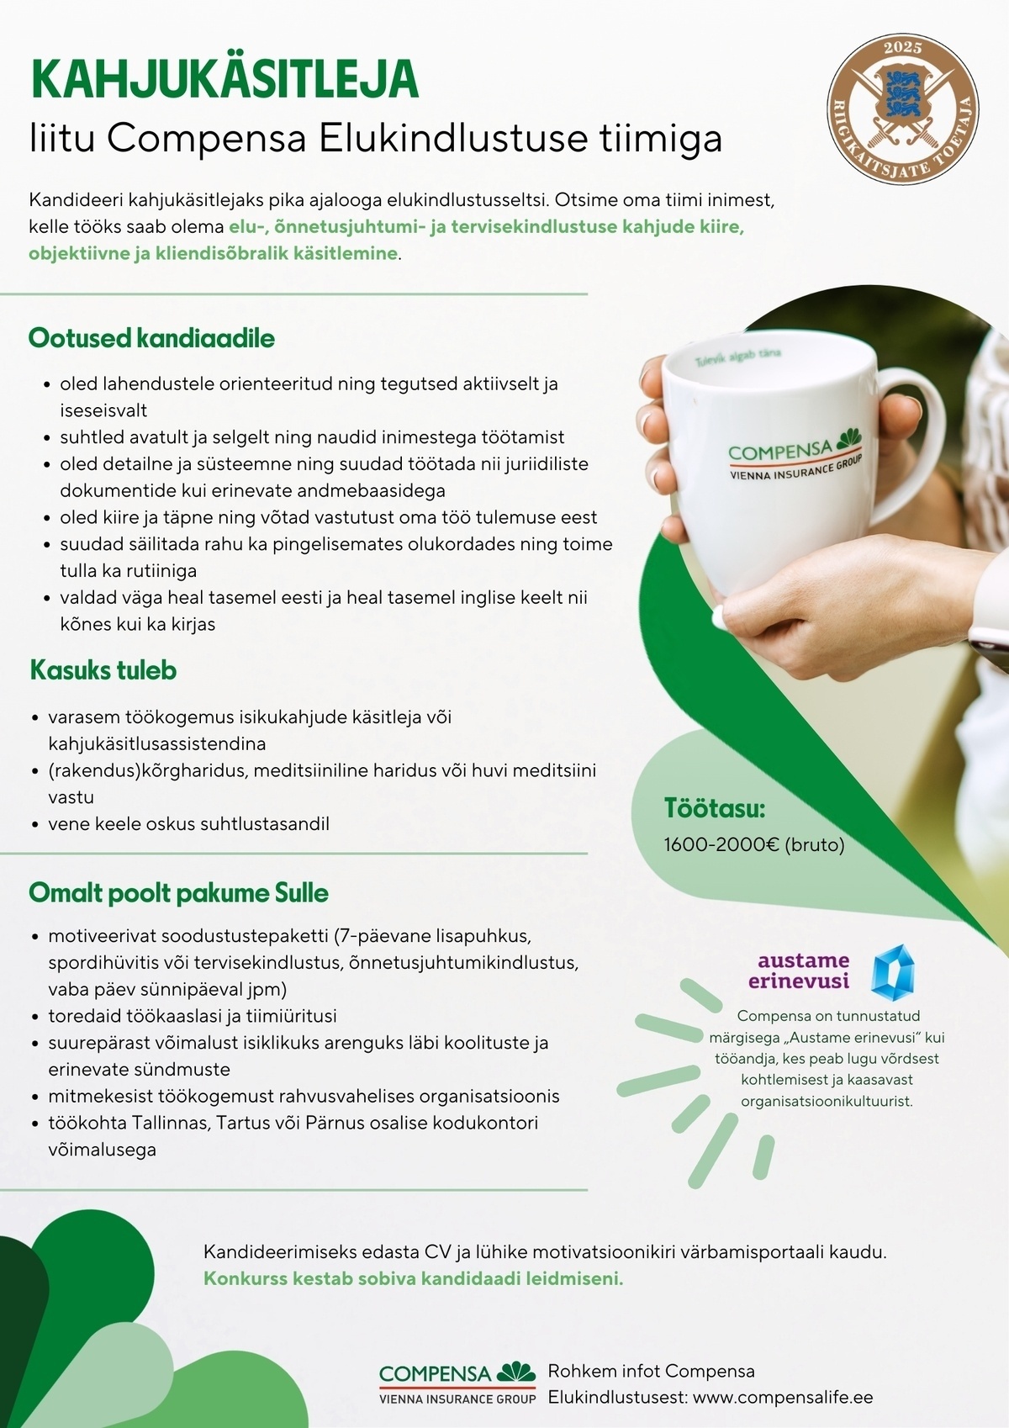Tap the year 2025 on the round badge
click(x=902, y=48)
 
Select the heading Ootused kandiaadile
click(x=151, y=338)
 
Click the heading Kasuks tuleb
click(x=103, y=670)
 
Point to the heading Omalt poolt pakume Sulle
click(x=178, y=892)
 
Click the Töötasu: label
click(x=715, y=808)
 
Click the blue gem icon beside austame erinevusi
click(x=892, y=972)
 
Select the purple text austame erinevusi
click(x=799, y=971)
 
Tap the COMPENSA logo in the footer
click(x=457, y=1382)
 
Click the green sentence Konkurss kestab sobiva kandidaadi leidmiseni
click(x=414, y=1278)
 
